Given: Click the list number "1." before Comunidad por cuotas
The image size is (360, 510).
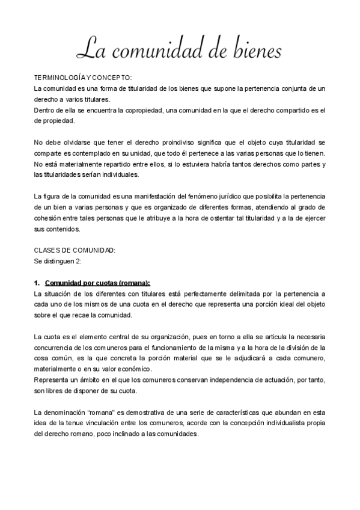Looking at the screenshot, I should (37, 283).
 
